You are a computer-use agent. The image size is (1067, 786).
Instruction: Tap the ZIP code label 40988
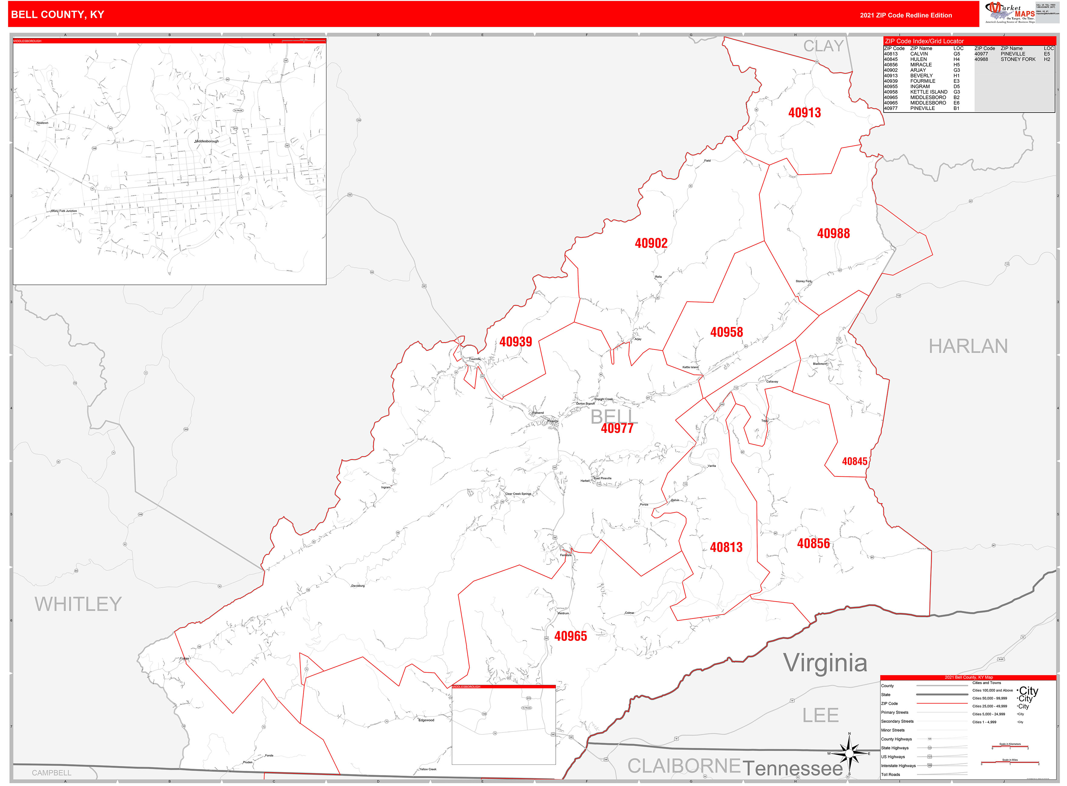(833, 234)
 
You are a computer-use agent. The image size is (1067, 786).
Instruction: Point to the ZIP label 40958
(726, 332)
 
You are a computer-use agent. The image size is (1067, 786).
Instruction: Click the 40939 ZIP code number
(515, 342)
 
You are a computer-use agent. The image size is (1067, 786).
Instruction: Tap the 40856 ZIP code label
(813, 543)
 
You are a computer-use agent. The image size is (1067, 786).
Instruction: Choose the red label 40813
(726, 547)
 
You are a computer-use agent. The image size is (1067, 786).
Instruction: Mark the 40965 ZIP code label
(570, 636)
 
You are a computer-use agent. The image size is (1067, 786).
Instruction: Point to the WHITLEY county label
(78, 604)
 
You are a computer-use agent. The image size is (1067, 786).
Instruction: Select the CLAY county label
(823, 46)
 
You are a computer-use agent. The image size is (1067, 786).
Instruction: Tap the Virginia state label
(825, 663)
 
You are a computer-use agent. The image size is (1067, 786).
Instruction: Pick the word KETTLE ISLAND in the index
(928, 92)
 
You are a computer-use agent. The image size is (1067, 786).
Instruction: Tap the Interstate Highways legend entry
(898, 765)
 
